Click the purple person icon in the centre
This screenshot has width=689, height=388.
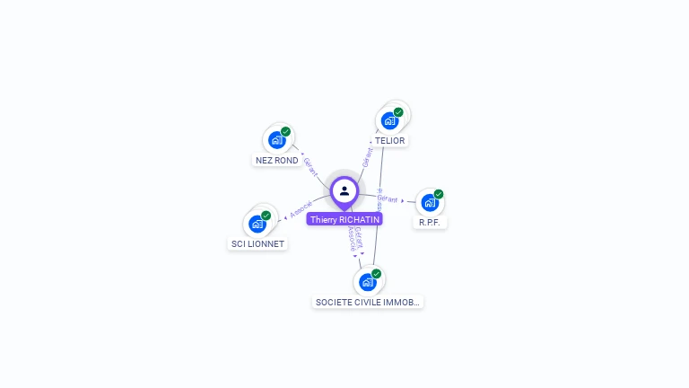344,191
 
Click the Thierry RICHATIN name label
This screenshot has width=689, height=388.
344,219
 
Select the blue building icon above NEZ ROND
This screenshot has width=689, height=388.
276,140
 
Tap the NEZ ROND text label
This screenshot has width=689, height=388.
276,161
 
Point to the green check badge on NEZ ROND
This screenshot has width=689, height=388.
285,132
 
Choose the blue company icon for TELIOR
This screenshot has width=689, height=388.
389,120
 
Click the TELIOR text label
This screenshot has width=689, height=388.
390,141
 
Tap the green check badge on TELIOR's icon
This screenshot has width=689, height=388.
398,112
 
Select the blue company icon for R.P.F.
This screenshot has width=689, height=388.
430,202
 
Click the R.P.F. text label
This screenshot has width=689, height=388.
431,222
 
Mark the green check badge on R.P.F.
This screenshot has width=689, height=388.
439,194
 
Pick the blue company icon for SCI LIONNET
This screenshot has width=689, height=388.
257,224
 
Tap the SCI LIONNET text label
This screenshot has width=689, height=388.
257,244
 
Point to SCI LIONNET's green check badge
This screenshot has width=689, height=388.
266,216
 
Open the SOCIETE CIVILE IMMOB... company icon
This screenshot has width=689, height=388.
367,282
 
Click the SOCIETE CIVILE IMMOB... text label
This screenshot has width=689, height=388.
368,303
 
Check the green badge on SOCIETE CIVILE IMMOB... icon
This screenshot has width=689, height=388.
376,274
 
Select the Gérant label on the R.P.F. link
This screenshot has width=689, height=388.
388,198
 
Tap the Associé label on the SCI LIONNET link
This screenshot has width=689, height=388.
301,209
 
